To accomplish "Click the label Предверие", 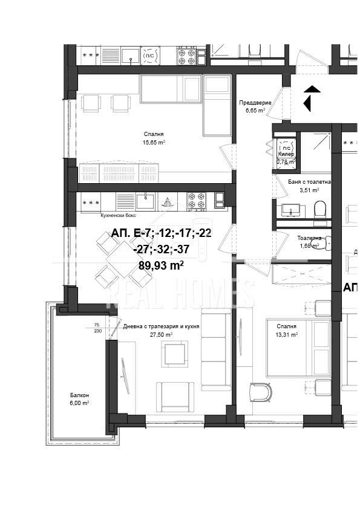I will click(255, 103).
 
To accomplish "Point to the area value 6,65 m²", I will click(255, 111).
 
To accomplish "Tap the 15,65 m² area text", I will click(154, 143).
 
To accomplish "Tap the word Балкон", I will click(78, 395).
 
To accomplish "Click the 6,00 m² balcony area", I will click(78, 403).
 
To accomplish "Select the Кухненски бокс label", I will click(118, 215).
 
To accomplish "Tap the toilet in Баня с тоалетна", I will click(319, 210).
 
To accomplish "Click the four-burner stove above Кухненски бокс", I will click(197, 200).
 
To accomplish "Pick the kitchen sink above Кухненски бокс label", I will click(146, 200).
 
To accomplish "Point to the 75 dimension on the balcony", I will click(96, 325).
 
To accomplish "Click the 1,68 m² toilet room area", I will click(309, 245).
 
